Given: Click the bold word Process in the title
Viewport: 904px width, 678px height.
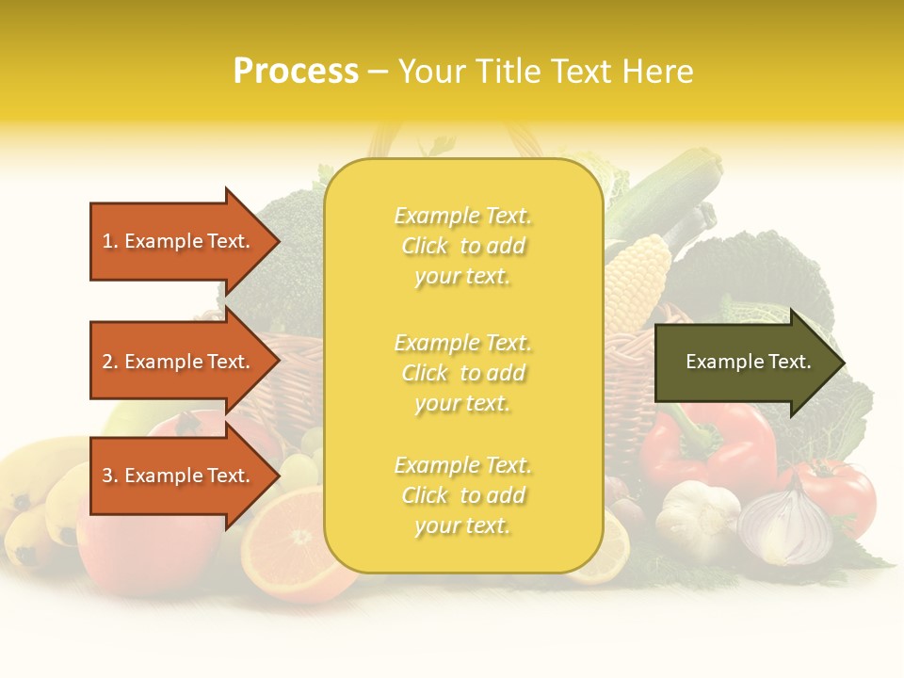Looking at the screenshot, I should tap(296, 72).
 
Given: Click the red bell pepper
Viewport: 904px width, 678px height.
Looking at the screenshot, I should tap(706, 447).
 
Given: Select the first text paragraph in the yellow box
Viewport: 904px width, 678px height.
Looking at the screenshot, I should tap(462, 246).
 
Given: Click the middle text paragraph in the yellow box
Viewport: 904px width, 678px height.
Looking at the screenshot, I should tap(462, 373).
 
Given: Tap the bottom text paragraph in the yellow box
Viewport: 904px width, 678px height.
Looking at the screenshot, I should tap(462, 495).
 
